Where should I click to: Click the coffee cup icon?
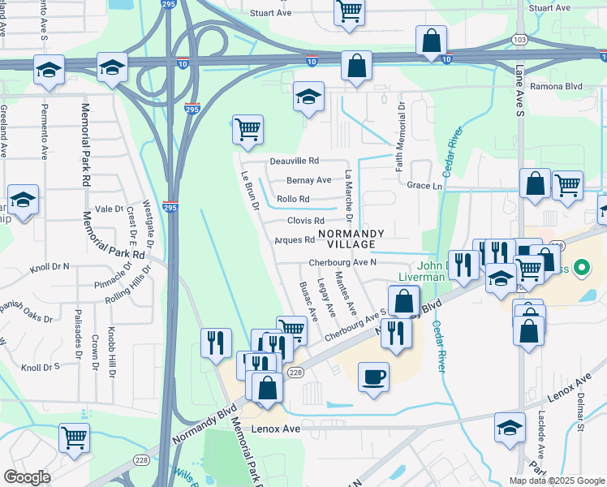(373, 377)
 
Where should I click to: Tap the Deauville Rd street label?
(295, 161)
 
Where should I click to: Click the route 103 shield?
(520, 40)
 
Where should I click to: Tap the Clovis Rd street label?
(305, 221)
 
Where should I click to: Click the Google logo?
(28, 477)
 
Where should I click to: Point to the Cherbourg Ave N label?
(342, 263)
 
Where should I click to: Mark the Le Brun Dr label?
(248, 190)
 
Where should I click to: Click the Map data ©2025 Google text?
(556, 481)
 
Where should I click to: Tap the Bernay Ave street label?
(308, 180)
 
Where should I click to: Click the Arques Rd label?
(295, 240)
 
